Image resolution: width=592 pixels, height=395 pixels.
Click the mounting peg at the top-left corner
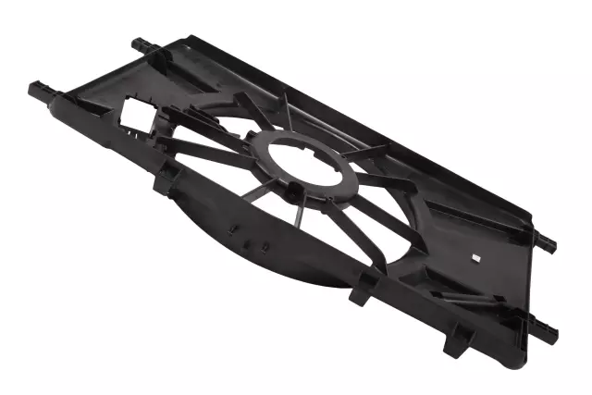141,43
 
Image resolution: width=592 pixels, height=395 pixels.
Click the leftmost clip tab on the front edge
161,181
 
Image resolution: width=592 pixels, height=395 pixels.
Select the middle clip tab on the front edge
362,290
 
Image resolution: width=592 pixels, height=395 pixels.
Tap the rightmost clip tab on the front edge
456,344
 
